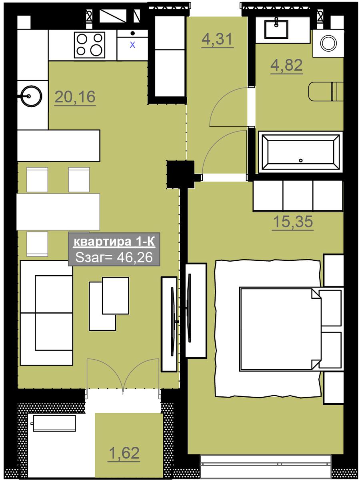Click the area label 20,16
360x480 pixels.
(75, 97)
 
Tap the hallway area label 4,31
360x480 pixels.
(217, 39)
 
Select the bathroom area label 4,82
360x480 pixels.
(286, 65)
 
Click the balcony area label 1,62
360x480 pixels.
(124, 453)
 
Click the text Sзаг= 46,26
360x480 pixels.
(114, 257)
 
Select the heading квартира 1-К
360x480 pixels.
(114, 242)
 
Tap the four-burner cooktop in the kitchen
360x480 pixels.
(89, 45)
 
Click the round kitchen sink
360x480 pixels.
(31, 96)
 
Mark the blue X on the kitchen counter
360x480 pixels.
(132, 45)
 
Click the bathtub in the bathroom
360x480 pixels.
(300, 152)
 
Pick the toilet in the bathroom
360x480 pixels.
(326, 92)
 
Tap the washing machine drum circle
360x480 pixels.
(328, 43)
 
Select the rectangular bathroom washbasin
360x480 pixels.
(276, 29)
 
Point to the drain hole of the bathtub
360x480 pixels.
(301, 160)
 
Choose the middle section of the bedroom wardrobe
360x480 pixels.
(298, 196)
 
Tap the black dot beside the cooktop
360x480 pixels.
(132, 33)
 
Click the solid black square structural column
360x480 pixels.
(180, 174)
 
